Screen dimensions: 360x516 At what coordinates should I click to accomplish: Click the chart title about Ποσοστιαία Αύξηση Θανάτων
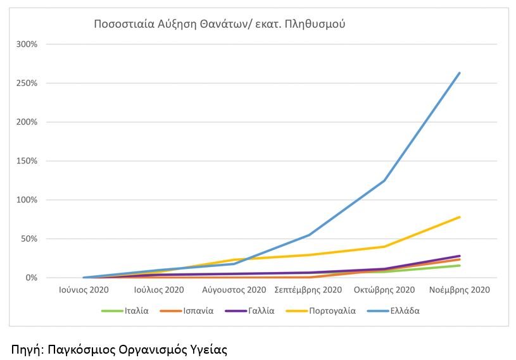219,25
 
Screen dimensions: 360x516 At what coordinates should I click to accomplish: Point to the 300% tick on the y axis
28,44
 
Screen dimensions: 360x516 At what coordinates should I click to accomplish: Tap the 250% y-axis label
28,84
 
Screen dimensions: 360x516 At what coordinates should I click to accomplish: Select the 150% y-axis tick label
28,161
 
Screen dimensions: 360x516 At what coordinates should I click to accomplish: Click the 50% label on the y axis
30,239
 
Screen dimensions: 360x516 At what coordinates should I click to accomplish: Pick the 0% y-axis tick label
32,278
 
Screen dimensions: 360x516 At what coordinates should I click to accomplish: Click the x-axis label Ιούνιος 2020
84,290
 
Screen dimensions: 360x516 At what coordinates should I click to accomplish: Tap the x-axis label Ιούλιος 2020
159,290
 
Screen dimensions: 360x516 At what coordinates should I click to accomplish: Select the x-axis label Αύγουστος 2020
234,290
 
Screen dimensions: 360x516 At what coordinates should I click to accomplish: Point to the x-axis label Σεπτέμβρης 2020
309,290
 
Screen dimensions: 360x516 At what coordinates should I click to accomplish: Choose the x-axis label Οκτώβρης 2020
384,290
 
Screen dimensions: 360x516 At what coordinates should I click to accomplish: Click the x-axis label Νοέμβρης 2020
460,290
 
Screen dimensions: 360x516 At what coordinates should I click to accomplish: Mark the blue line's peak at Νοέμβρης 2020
460,73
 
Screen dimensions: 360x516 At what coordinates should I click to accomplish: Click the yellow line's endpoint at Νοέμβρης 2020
460,217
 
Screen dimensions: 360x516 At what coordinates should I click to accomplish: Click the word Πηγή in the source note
25,349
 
